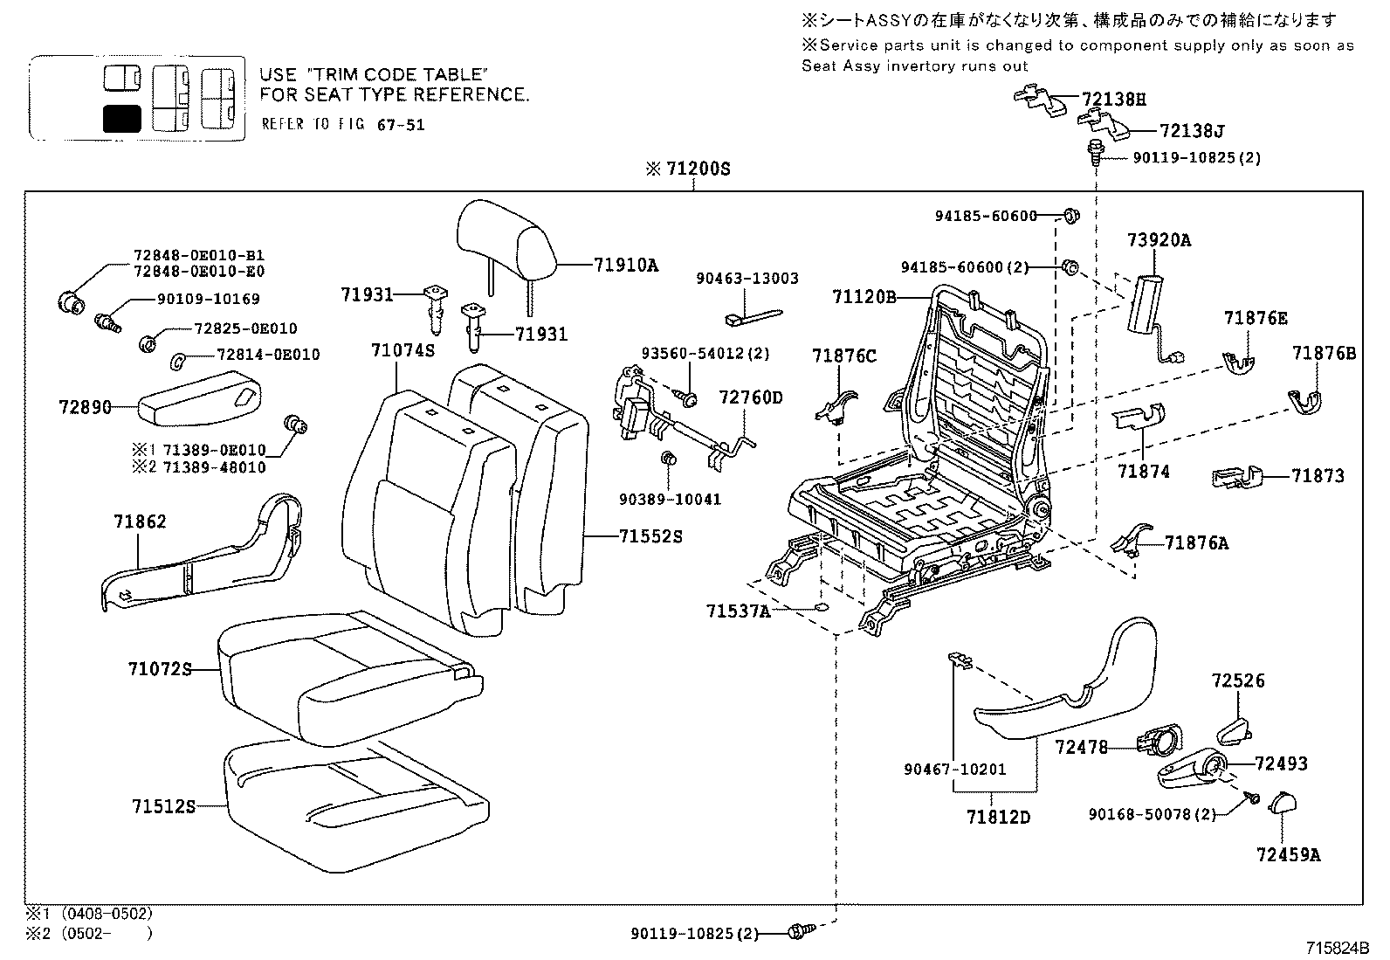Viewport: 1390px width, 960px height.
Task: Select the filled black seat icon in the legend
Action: (x=121, y=118)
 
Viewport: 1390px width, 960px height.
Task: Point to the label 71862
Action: (x=139, y=521)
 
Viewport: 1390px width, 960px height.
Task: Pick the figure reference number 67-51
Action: (x=401, y=125)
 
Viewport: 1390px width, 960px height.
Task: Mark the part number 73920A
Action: (x=1159, y=240)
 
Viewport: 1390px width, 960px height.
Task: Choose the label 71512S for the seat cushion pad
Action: (x=163, y=806)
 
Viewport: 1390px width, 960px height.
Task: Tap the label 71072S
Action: (x=159, y=669)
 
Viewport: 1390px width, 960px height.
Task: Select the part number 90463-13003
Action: (x=747, y=279)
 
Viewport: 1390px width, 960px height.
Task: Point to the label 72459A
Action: (x=1288, y=854)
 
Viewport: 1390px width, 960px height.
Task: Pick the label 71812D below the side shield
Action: (x=998, y=818)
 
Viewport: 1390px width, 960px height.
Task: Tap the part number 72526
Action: (x=1238, y=680)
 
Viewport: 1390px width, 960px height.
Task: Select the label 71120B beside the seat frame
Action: (x=864, y=297)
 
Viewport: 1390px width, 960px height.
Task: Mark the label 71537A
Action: (x=738, y=611)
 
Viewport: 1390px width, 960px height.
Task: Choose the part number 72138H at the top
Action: (x=1114, y=100)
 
